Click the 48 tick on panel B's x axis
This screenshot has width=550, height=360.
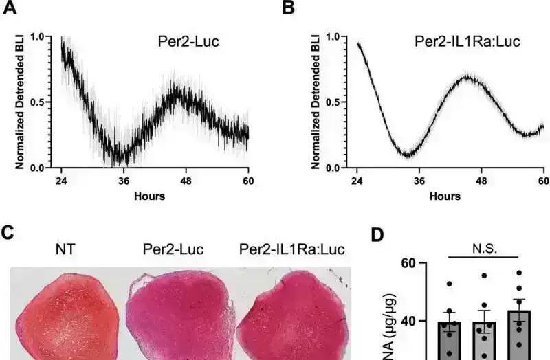pos(481,181)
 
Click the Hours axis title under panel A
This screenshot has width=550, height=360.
pos(149,196)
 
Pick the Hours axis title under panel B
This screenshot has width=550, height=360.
pos(445,196)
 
